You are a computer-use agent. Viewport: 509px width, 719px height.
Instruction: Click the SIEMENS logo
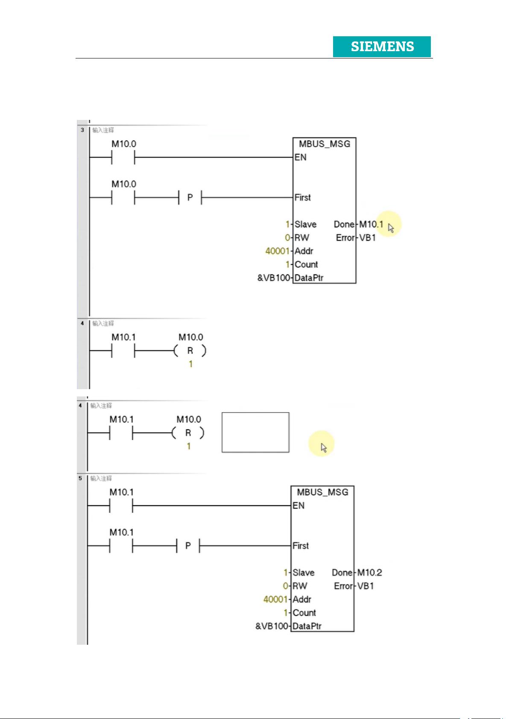pyautogui.click(x=382, y=47)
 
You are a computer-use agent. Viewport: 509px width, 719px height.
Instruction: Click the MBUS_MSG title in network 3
pyautogui.click(x=324, y=144)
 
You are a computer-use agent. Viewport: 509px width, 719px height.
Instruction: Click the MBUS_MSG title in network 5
pyautogui.click(x=322, y=492)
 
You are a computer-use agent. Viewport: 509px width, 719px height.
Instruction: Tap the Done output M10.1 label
pyautogui.click(x=371, y=224)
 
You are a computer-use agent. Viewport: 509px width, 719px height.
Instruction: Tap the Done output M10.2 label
pyautogui.click(x=369, y=573)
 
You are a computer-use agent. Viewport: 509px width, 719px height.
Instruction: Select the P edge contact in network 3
pyautogui.click(x=190, y=198)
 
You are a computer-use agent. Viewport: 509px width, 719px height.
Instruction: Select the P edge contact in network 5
pyautogui.click(x=188, y=546)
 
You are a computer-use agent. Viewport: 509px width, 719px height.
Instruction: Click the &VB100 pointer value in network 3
pyautogui.click(x=273, y=278)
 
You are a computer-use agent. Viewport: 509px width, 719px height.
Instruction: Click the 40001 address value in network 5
pyautogui.click(x=275, y=600)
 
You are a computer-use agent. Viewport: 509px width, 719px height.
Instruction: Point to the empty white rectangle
pyautogui.click(x=255, y=432)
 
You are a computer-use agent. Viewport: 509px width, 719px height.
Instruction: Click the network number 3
pyautogui.click(x=82, y=130)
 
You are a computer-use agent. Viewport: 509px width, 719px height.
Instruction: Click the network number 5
pyautogui.click(x=80, y=478)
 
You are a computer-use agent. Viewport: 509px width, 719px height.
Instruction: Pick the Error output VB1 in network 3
pyautogui.click(x=367, y=238)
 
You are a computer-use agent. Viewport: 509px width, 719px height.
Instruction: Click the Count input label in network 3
pyautogui.click(x=306, y=265)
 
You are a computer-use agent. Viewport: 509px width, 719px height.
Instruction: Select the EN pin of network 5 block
pyautogui.click(x=298, y=506)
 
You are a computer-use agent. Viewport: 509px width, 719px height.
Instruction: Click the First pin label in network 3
pyautogui.click(x=302, y=198)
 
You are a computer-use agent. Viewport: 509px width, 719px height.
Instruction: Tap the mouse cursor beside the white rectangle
pyautogui.click(x=324, y=448)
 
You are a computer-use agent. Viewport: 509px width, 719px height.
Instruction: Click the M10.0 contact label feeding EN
pyautogui.click(x=124, y=144)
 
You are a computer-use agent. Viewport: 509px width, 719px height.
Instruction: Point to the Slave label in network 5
pyautogui.click(x=303, y=573)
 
